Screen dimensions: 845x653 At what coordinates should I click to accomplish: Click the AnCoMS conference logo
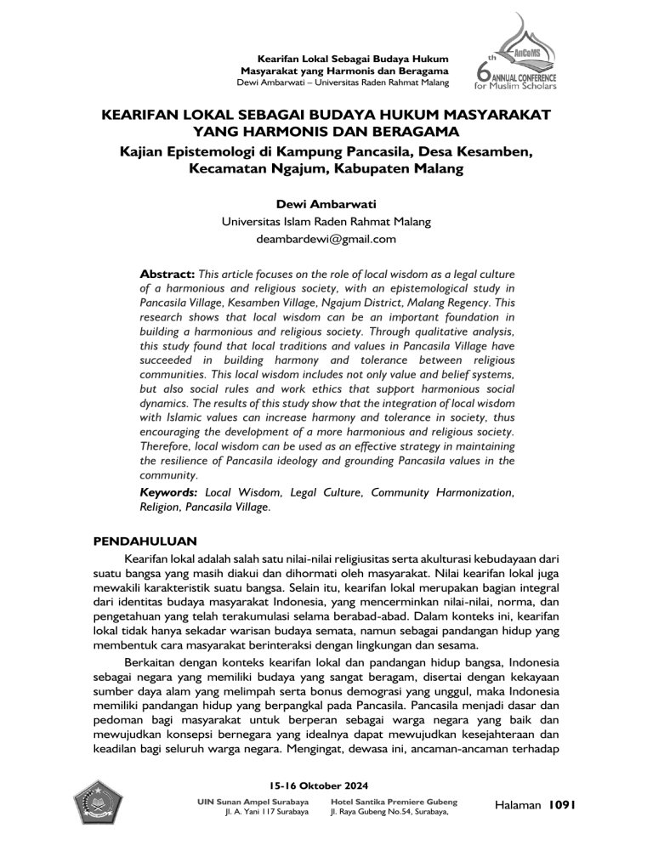(517, 56)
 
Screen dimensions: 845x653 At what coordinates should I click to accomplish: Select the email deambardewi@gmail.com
(326, 239)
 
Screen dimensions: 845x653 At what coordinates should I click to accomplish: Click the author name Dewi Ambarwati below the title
(326, 205)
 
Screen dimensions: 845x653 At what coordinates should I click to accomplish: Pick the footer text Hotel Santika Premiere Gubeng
(392, 801)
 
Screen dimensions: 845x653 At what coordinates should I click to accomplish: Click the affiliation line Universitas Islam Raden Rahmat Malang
(326, 222)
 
